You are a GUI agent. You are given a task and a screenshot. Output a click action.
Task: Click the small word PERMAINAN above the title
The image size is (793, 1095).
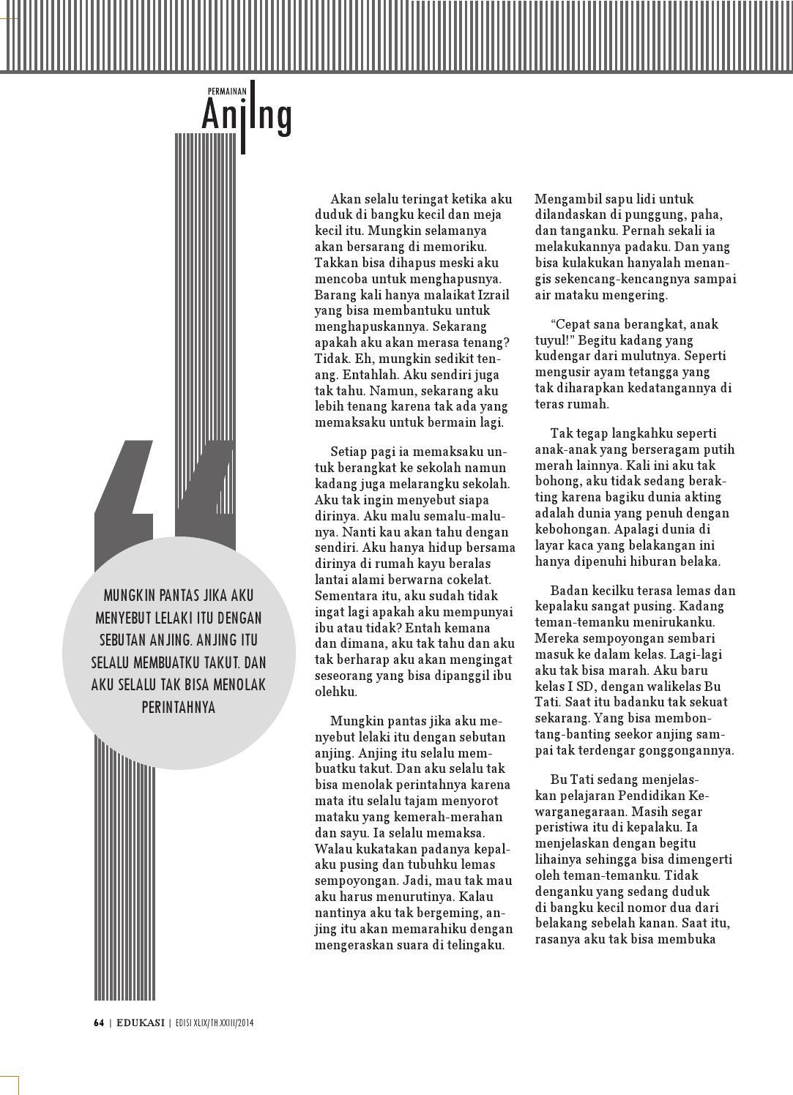(x=227, y=91)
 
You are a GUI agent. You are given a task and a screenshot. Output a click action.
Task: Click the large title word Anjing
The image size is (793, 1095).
(x=247, y=116)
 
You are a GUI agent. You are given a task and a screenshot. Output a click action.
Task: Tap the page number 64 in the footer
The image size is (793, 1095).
(x=99, y=1023)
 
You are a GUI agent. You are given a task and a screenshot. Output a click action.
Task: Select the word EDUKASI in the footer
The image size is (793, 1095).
(x=140, y=1023)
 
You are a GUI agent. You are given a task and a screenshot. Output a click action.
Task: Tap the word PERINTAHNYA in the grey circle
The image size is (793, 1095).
(x=179, y=708)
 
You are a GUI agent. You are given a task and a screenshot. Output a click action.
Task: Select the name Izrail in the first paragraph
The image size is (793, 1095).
(x=494, y=295)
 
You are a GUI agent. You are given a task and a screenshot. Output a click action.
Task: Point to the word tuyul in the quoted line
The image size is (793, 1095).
(x=551, y=340)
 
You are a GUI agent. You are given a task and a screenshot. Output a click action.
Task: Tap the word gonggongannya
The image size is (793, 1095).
(x=688, y=750)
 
